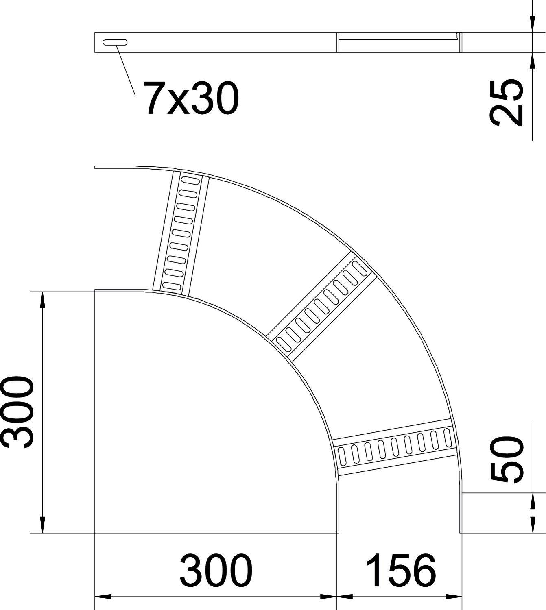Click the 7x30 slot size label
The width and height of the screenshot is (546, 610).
click(x=190, y=98)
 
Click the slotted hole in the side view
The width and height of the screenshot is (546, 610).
click(x=115, y=42)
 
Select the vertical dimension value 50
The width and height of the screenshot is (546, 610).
click(x=506, y=459)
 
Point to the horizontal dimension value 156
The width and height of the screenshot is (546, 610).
click(x=401, y=570)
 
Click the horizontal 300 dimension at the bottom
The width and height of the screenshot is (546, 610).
click(x=216, y=570)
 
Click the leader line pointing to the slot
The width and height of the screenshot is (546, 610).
click(x=126, y=70)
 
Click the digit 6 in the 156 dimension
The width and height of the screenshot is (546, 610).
click(x=423, y=570)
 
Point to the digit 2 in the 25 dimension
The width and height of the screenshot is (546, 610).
click(x=506, y=114)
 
